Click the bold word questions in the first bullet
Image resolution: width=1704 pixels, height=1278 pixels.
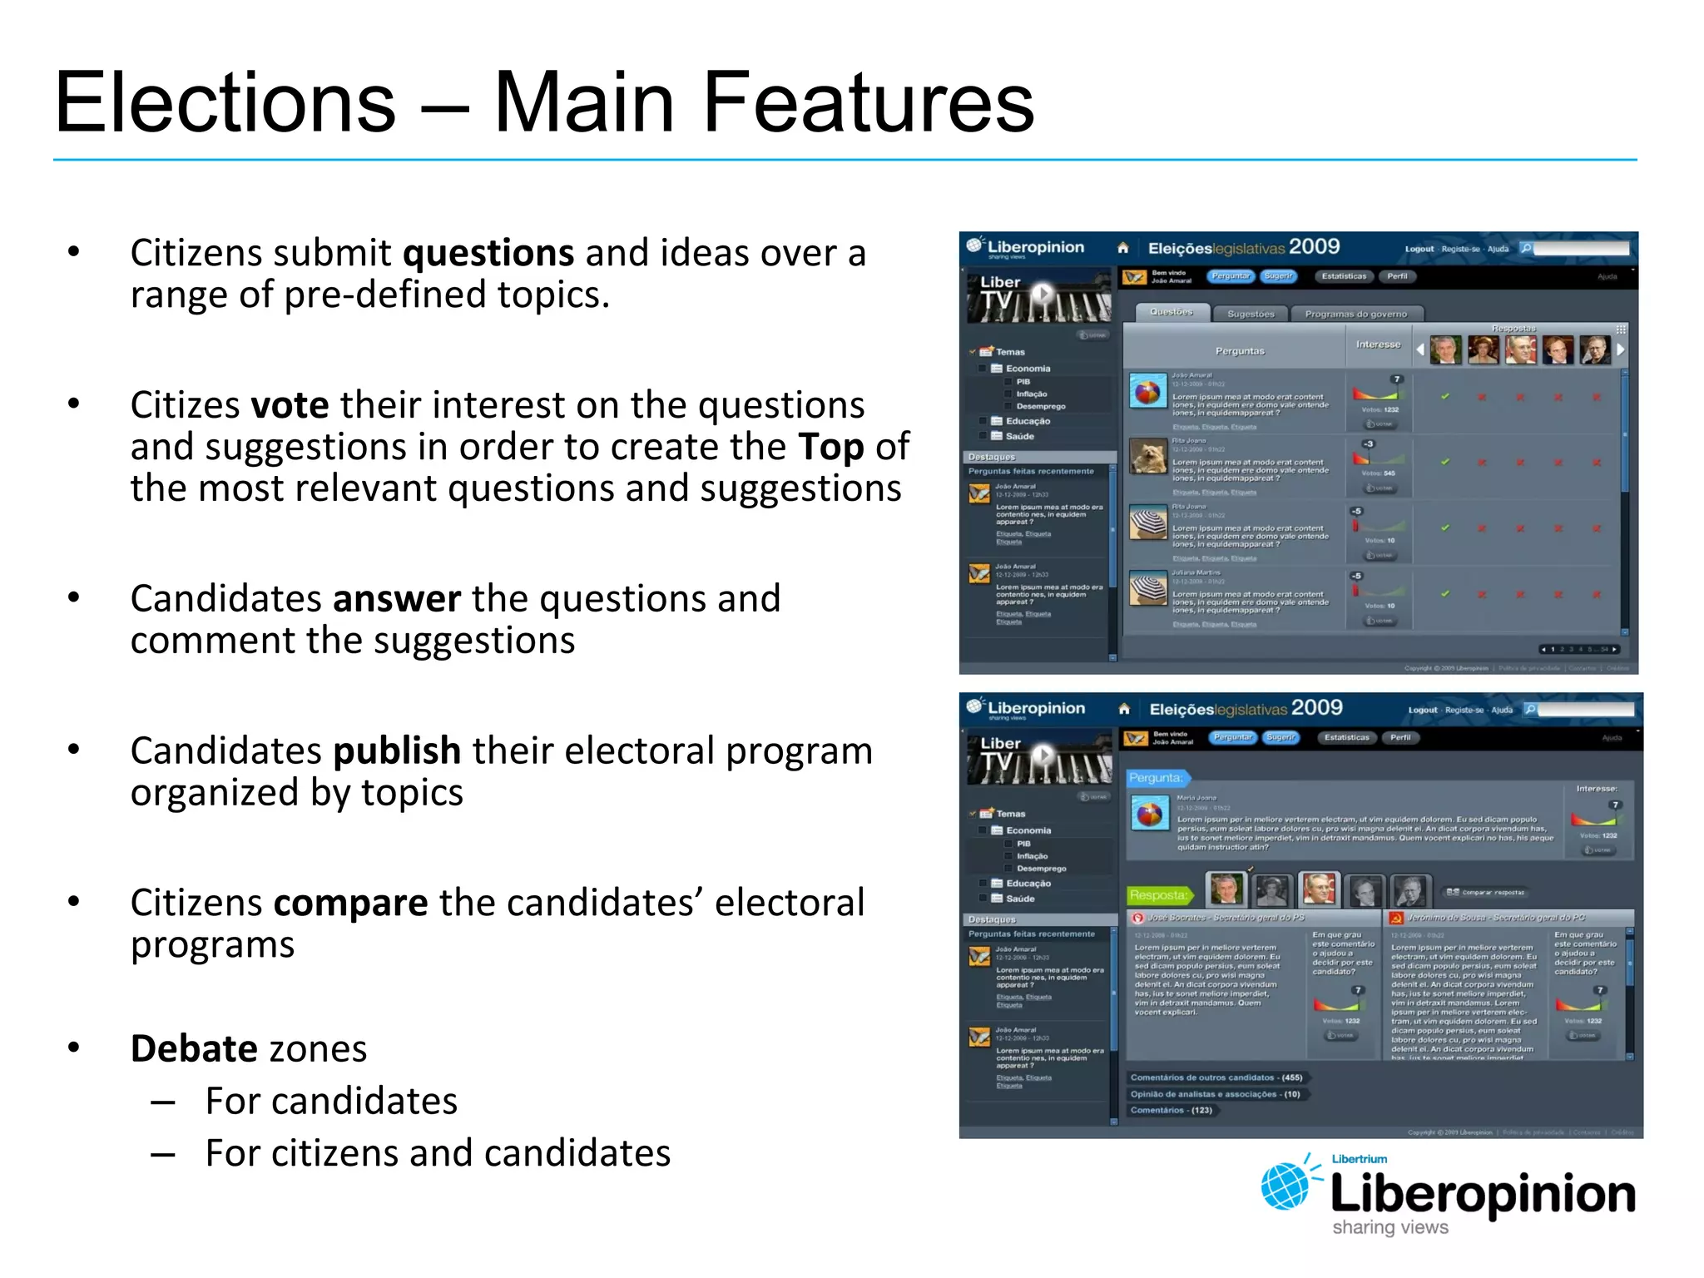pos(488,253)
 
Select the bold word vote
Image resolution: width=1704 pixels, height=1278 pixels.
pos(290,405)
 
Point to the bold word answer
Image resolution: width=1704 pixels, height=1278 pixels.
pos(396,599)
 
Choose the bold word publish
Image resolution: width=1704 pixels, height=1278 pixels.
pos(397,751)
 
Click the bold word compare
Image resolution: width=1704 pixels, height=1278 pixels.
pos(350,904)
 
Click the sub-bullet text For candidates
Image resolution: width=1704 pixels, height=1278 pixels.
pos(331,1102)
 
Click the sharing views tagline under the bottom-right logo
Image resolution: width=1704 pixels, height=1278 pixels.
pos(1389,1228)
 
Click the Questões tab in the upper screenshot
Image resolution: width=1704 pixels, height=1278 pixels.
pos(1171,313)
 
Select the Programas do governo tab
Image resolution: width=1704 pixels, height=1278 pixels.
pos(1355,315)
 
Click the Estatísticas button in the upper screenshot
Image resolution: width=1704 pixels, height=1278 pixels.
pos(1343,276)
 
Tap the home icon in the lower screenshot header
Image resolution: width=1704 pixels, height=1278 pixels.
pos(1124,709)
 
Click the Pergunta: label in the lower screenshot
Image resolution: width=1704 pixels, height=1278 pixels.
pos(1155,778)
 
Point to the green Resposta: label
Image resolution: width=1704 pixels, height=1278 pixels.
pos(1158,895)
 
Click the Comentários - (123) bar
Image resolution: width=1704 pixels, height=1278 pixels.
pos(1171,1111)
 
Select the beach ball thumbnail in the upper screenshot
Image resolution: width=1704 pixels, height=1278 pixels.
pos(1147,391)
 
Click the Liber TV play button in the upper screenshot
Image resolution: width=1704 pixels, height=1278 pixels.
pos(1042,293)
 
